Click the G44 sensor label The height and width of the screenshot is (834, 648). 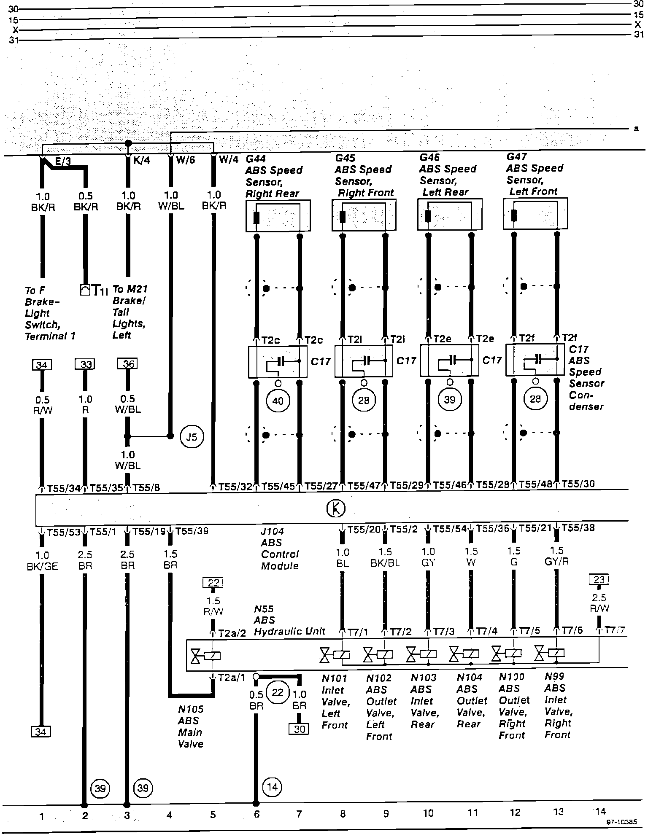click(256, 159)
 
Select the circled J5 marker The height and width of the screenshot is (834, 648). click(192, 437)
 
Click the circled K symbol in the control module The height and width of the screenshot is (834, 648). click(336, 508)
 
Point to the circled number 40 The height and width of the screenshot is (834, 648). click(278, 400)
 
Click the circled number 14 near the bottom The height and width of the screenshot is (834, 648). click(272, 787)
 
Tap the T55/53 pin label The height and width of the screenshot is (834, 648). click(63, 532)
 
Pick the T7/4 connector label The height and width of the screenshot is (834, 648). click(487, 631)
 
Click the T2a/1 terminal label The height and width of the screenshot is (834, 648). click(231, 678)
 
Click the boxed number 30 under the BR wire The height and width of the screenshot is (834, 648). click(299, 729)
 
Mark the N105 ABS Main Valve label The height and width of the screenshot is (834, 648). click(190, 726)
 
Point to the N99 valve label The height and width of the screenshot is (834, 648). click(555, 676)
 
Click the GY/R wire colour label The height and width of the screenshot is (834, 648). click(557, 562)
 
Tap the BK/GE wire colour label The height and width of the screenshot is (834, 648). click(42, 567)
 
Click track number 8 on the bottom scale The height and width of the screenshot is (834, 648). click(343, 813)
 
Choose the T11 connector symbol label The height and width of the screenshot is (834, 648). click(100, 291)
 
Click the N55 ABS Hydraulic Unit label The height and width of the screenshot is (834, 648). click(289, 620)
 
